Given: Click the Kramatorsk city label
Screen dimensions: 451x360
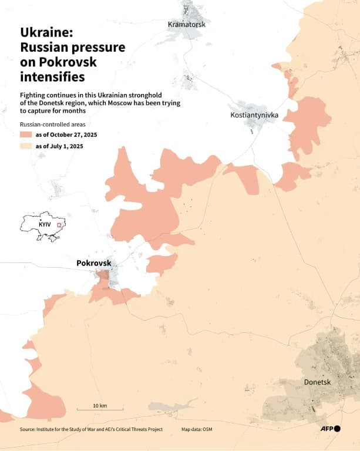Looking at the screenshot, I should pos(187,24).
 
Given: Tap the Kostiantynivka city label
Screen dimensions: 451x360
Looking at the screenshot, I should pos(254,115).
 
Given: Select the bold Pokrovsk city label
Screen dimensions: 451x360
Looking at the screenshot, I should pos(93,263).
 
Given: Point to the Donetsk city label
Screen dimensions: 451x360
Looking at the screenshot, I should pos(318,382).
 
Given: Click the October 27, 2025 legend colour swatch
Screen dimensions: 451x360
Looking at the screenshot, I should pos(26,135).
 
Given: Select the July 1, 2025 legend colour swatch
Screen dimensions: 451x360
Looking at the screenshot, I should pos(26,146).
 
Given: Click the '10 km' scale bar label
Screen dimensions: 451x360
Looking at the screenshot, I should pos(100,406).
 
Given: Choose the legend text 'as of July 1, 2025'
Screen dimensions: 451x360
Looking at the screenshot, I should pos(59,146).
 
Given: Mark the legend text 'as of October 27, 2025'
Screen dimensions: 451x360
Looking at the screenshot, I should pos(66,135).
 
